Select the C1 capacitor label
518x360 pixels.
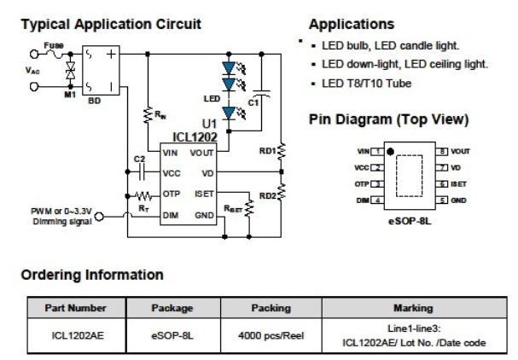click(x=254, y=103)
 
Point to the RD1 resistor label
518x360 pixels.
click(x=267, y=152)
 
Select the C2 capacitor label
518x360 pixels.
click(x=140, y=160)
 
